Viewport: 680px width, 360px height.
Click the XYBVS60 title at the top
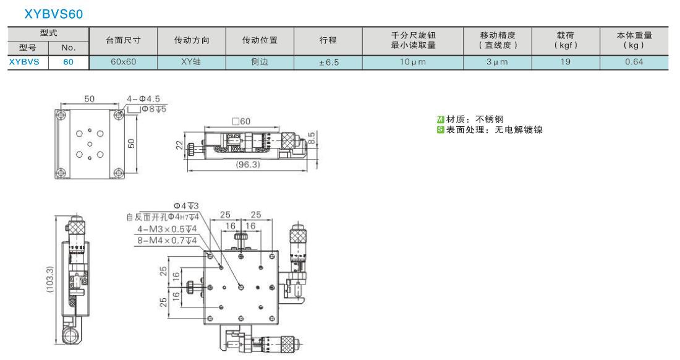pos(53,14)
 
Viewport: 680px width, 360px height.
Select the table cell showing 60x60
pos(123,62)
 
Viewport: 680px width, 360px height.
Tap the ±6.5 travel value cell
pos(328,62)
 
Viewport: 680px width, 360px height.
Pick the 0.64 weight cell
pos(634,62)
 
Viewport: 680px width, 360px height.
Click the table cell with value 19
pos(566,62)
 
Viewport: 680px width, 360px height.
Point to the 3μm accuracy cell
pos(497,62)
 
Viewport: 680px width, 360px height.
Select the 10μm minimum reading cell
pos(413,62)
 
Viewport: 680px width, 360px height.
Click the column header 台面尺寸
pos(123,40)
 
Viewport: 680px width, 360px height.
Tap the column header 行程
pos(328,40)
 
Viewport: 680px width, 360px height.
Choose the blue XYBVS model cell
pos(24,62)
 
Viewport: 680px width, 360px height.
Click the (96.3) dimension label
pos(248,165)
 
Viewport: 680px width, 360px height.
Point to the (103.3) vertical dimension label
pos(49,280)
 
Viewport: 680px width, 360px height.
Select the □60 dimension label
pos(241,121)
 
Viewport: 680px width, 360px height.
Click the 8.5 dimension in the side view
pos(312,138)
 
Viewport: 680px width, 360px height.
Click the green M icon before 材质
pos(440,119)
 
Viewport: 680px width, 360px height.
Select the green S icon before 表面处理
pos(440,130)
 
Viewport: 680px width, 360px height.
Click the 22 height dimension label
pos(179,145)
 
